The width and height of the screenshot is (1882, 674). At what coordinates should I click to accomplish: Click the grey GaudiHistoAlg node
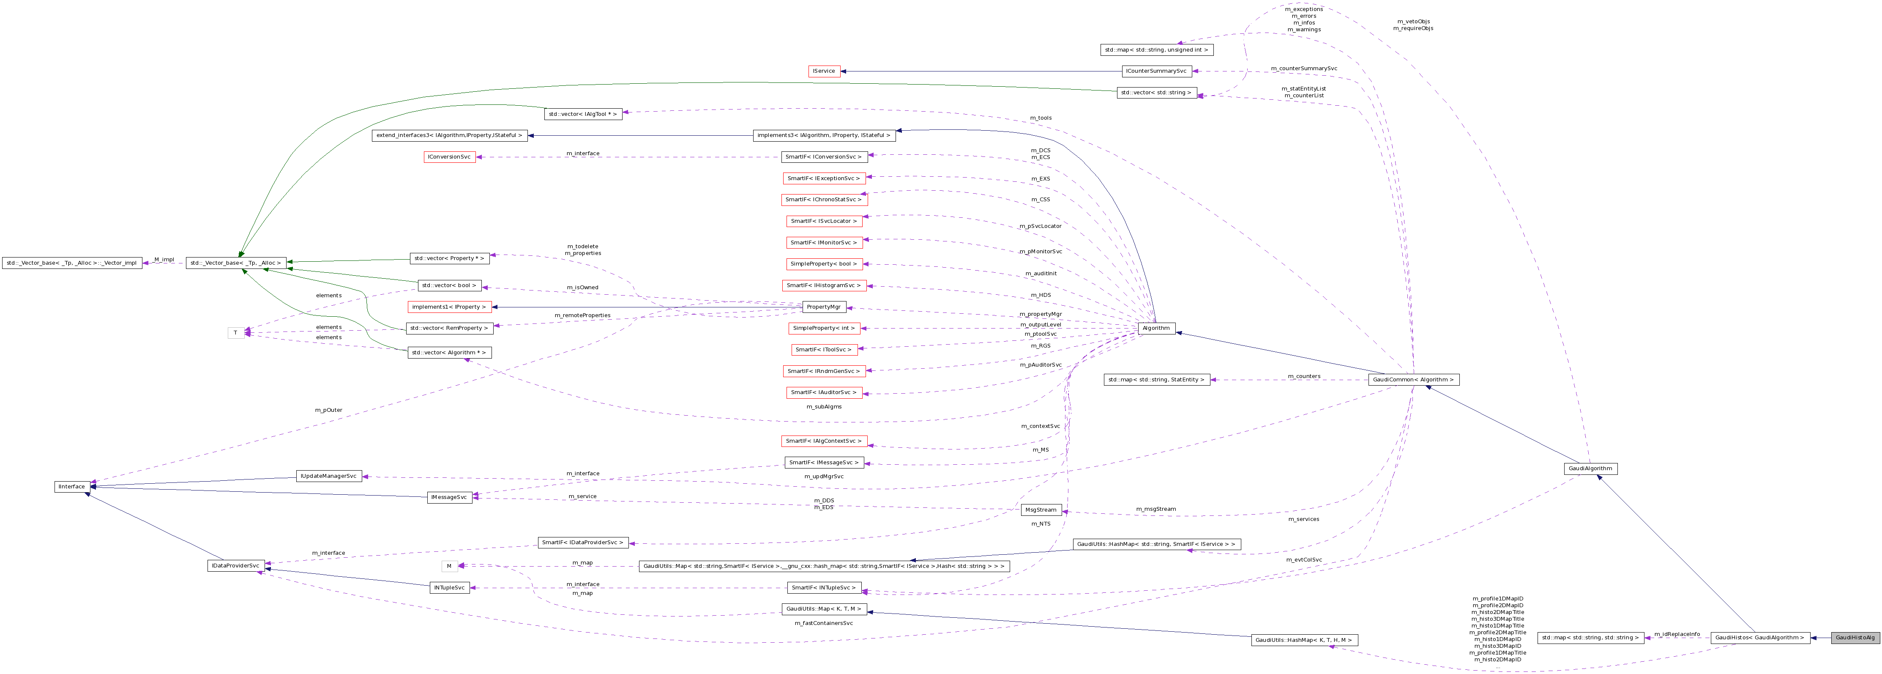pyautogui.click(x=1855, y=638)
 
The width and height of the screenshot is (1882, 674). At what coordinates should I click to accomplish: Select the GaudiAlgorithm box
pyautogui.click(x=1590, y=469)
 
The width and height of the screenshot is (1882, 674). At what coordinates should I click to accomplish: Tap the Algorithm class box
pyautogui.click(x=1156, y=328)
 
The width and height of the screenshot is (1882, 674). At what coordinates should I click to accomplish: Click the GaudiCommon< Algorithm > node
pyautogui.click(x=1413, y=379)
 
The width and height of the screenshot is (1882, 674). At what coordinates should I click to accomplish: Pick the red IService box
pyautogui.click(x=824, y=71)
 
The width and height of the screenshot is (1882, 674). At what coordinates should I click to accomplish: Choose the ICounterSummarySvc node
pyautogui.click(x=1156, y=71)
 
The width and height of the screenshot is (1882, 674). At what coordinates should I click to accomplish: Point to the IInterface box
pyautogui.click(x=71, y=486)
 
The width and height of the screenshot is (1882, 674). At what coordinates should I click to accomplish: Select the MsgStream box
pyautogui.click(x=1041, y=510)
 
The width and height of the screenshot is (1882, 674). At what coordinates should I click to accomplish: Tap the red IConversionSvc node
pyautogui.click(x=449, y=157)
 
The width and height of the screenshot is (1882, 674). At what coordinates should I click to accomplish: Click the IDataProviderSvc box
pyautogui.click(x=235, y=566)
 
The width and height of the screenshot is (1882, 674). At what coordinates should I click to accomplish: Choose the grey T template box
pyautogui.click(x=235, y=333)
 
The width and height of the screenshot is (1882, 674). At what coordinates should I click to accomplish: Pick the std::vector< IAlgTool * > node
pyautogui.click(x=583, y=114)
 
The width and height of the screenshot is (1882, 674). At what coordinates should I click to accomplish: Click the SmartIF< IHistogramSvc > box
pyautogui.click(x=824, y=285)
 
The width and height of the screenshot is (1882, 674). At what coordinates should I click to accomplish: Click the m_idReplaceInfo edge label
pyautogui.click(x=1677, y=634)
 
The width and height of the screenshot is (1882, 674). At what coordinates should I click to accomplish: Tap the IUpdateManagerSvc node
pyautogui.click(x=329, y=476)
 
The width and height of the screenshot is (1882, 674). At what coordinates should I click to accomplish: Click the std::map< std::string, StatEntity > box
pyautogui.click(x=1156, y=379)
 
